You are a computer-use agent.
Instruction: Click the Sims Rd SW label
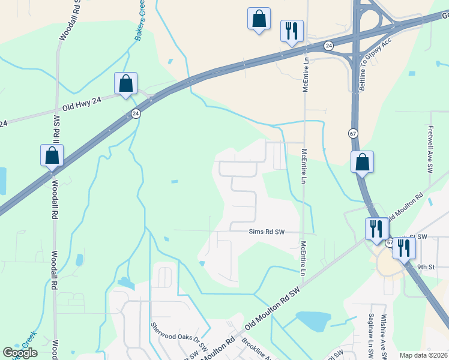tap(266, 232)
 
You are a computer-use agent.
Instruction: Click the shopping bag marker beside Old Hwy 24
tap(126, 83)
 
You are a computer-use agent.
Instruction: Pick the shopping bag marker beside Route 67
tap(363, 162)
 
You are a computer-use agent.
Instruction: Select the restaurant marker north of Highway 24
tap(292, 31)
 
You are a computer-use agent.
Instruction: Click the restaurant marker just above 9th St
tap(404, 247)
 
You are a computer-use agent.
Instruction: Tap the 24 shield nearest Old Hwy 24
tap(136, 113)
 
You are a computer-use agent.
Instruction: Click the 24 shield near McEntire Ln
tap(328, 46)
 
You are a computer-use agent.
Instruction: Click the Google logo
tap(20, 353)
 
